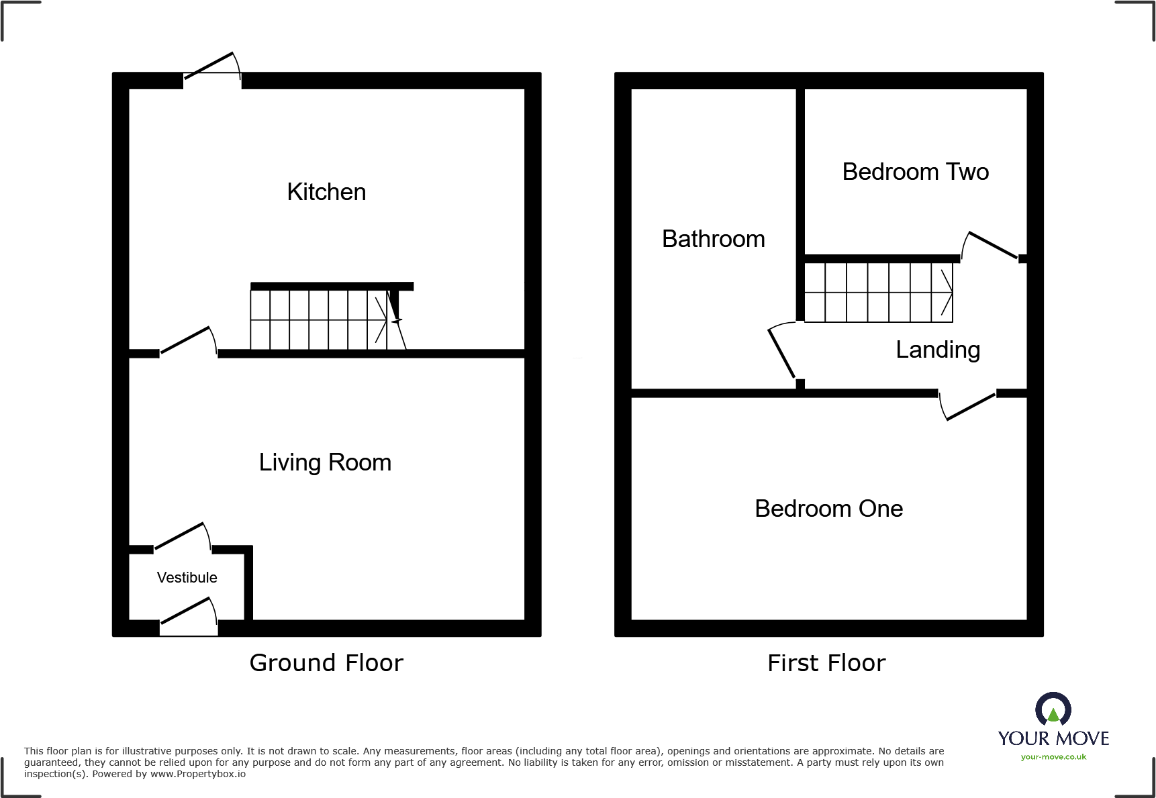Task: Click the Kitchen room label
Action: click(326, 192)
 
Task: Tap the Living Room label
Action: click(325, 462)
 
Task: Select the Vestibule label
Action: click(187, 577)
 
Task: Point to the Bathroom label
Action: click(713, 239)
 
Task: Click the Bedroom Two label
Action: click(915, 172)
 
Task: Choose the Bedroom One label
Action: click(828, 509)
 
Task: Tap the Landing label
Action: click(938, 350)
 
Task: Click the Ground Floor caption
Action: click(326, 663)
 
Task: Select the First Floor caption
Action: click(826, 663)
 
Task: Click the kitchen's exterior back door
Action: click(211, 68)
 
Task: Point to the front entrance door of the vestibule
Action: click(189, 615)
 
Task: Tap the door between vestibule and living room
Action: click(182, 538)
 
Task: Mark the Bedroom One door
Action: click(969, 406)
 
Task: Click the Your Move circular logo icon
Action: click(1053, 709)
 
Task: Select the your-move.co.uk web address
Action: click(1053, 757)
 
